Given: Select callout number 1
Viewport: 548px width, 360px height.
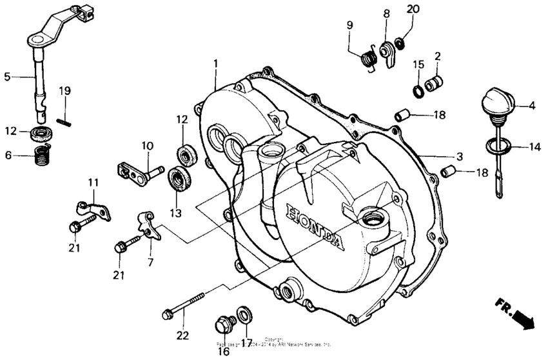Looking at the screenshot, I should click(x=216, y=64).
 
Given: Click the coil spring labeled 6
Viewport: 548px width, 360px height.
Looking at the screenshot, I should click(x=42, y=155).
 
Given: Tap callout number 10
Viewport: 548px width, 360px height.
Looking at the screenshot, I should click(x=148, y=145).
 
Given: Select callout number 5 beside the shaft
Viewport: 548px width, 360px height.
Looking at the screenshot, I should click(x=7, y=77).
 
